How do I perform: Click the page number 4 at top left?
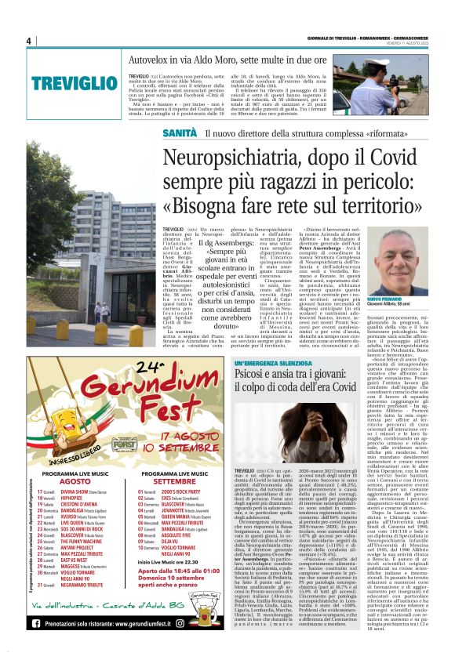pos(27,41)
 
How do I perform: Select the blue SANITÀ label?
pos(180,133)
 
